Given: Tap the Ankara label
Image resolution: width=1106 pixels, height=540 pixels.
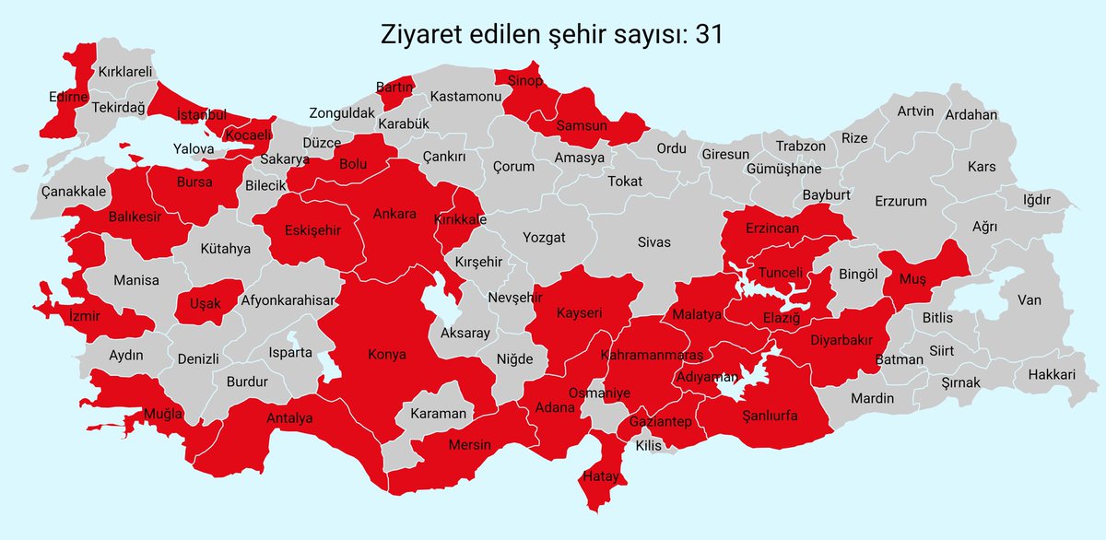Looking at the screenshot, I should tap(394, 214).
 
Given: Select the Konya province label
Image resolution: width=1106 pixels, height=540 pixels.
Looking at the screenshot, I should tap(387, 354).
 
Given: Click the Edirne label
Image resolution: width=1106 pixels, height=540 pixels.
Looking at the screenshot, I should tap(68, 96).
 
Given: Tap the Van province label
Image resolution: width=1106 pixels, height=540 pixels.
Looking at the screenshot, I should tap(1029, 299).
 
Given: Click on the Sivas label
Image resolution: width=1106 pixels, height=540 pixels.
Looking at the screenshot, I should tap(653, 242).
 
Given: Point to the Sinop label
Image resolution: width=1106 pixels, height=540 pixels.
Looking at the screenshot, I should tap(526, 82).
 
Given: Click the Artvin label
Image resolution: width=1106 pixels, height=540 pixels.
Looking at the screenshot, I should tap(915, 112).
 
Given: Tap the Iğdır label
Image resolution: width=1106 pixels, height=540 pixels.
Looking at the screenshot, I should tap(1036, 200).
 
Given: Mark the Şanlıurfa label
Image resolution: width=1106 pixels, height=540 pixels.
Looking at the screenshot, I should tap(770, 416).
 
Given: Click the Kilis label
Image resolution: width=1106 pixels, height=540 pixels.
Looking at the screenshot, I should tap(649, 445).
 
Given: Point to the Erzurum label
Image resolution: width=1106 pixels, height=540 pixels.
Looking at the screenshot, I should tap(900, 201).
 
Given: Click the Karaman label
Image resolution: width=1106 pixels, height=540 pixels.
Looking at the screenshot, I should tap(439, 414).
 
